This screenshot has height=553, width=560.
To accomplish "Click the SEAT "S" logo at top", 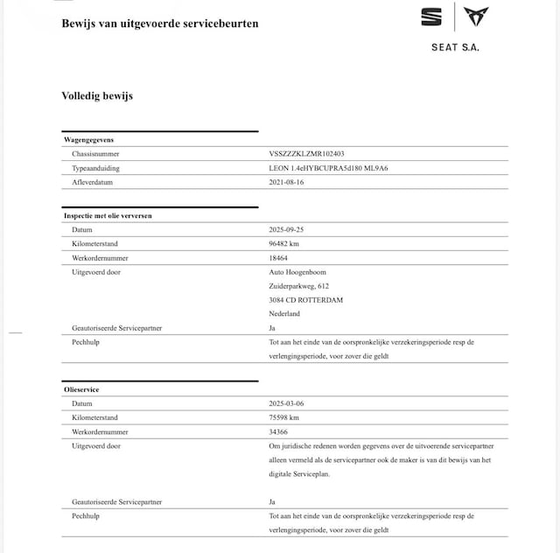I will click(431, 17).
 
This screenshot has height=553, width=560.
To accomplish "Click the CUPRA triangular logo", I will click(476, 17).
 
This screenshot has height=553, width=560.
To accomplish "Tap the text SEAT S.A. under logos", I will click(455, 47).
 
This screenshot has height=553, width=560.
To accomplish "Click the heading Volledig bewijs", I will click(97, 95).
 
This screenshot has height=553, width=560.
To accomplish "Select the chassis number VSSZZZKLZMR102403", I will click(312, 153).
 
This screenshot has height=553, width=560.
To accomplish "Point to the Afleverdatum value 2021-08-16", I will click(288, 182).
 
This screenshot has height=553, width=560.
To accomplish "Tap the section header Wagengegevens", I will click(89, 139).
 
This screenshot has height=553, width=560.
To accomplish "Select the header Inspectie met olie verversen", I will click(110, 214).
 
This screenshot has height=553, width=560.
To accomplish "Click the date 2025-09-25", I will click(288, 229).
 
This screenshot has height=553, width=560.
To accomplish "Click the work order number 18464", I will click(279, 258).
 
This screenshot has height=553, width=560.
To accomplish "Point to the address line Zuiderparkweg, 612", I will click(299, 286).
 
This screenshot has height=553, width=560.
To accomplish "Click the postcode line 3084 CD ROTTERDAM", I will click(306, 300).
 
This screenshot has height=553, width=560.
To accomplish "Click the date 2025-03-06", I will click(288, 403).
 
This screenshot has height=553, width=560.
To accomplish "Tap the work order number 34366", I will click(279, 431).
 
